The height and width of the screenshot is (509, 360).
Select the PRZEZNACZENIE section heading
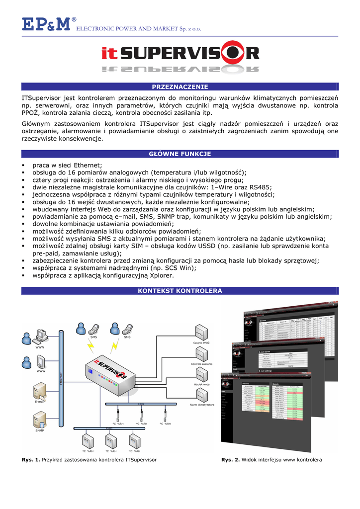click(180, 87)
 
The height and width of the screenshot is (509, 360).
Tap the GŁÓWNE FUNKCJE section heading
click(180, 154)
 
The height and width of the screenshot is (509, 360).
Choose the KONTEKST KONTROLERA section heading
click(180, 290)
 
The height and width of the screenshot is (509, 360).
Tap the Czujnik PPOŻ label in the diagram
click(201, 343)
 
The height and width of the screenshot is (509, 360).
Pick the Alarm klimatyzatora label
click(201, 405)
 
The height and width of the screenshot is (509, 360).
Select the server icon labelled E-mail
click(40, 391)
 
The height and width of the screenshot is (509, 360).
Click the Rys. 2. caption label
click(231, 460)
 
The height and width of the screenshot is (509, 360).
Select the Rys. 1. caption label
click(31, 460)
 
